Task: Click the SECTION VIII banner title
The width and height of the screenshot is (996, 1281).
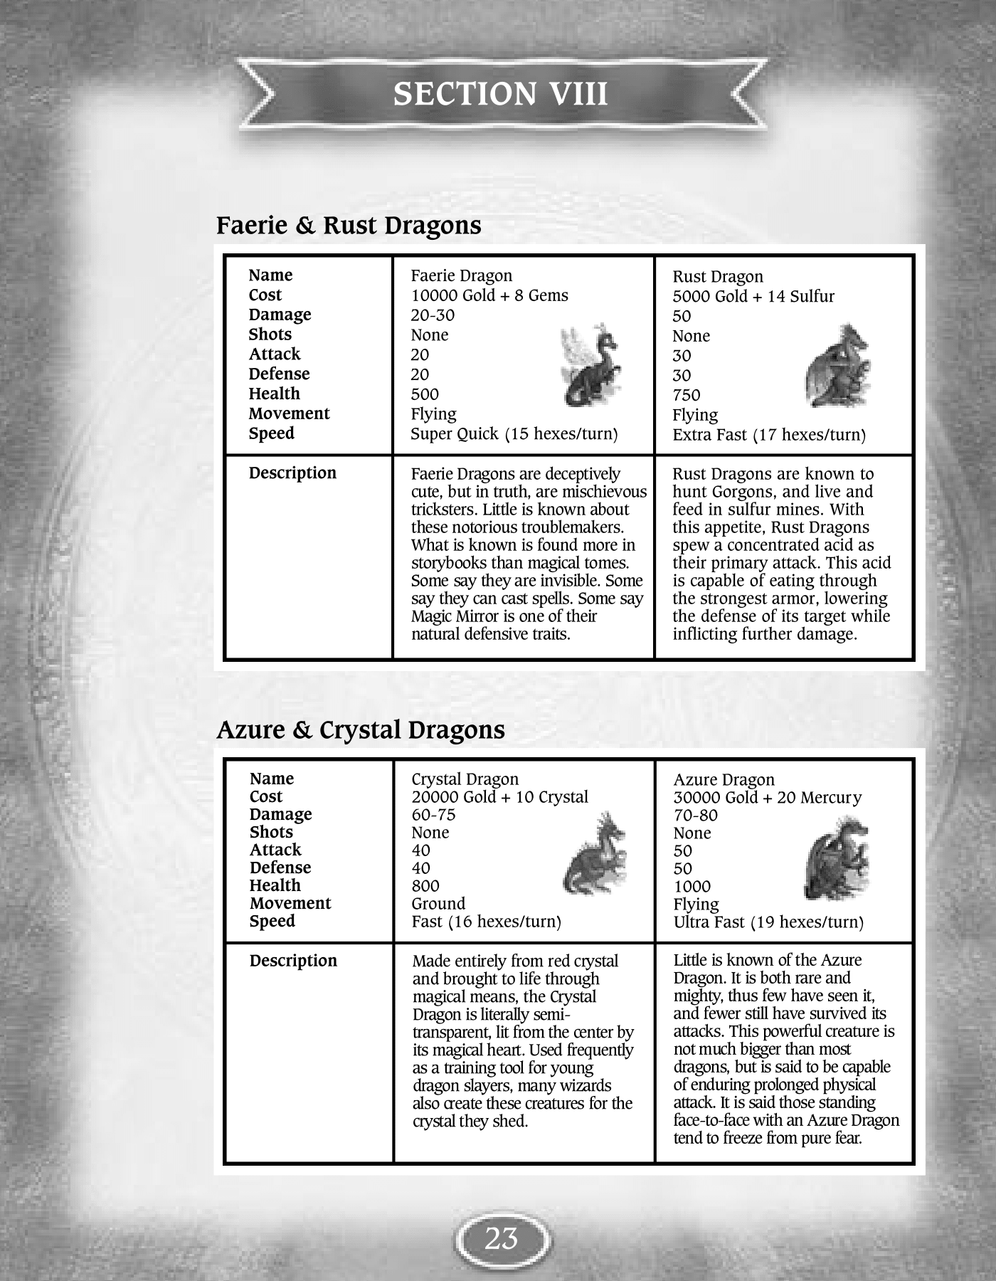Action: coord(501,94)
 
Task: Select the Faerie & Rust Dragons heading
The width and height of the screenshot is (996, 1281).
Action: coord(349,226)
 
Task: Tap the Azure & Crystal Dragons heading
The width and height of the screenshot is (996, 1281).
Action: coord(361,730)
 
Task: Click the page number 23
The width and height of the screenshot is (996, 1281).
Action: coord(502,1239)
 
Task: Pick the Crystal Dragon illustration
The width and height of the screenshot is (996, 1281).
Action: coord(595,854)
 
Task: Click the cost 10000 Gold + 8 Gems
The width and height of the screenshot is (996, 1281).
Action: coord(489,295)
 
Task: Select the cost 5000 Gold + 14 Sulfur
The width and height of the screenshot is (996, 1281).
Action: coord(753,297)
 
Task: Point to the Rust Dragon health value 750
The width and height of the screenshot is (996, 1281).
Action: coord(687,395)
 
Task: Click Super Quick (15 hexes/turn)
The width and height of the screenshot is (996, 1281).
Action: coord(514,434)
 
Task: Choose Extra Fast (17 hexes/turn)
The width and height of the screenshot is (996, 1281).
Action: coord(769,435)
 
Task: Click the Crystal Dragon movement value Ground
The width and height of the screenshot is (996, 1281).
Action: coord(438,904)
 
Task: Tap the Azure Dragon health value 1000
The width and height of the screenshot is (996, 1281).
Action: coord(692,887)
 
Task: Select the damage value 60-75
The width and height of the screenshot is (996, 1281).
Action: coord(433,815)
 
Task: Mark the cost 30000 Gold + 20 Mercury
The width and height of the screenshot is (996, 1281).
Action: coord(767,798)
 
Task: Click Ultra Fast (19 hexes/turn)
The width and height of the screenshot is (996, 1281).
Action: coord(768,922)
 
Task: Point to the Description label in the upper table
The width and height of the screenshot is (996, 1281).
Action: coord(292,473)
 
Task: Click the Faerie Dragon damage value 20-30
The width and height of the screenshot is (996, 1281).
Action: coord(433,315)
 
